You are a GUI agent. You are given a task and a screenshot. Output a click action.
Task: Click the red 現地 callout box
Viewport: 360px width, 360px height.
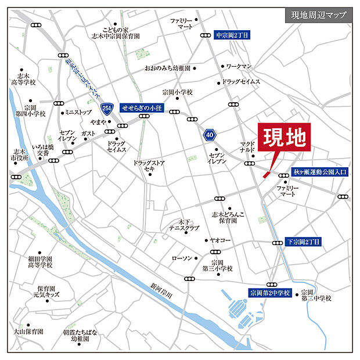285,139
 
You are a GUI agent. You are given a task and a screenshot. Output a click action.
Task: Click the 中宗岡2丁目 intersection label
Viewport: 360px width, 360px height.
232,35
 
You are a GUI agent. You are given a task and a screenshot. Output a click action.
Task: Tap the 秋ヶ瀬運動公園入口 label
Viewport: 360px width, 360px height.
320,172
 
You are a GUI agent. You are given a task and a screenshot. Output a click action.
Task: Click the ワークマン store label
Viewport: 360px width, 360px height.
239,67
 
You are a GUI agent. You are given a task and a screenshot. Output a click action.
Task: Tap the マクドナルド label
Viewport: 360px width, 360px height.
247,146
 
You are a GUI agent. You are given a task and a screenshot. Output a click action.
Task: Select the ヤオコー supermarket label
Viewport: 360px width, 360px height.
221,240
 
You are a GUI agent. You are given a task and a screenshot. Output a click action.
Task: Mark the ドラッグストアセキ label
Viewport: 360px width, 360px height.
149,165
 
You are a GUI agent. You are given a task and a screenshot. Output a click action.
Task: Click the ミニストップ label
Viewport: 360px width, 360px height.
78,112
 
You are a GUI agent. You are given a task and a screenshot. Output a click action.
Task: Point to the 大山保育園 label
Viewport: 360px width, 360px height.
28,331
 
